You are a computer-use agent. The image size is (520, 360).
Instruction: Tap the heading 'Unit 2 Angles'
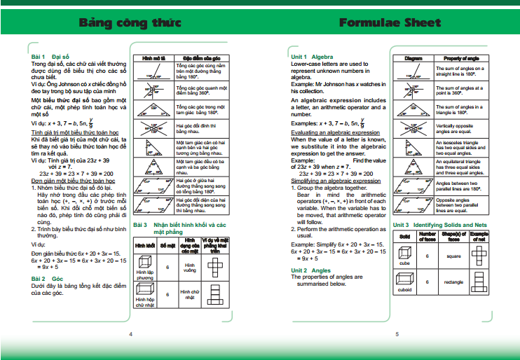point(310,270)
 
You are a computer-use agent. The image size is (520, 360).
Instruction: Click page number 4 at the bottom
point(130,334)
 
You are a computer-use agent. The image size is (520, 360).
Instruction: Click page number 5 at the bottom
point(396,334)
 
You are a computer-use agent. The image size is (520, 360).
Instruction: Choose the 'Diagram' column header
point(413,58)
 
